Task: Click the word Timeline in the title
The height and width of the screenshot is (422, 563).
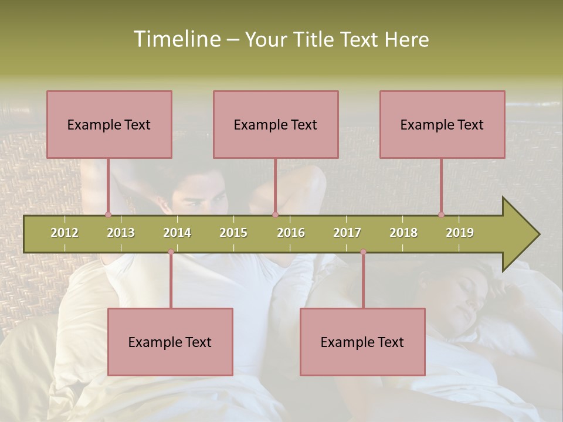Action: click(176, 39)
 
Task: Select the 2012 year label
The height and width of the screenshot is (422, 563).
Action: click(65, 233)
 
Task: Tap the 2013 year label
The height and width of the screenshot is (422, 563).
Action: click(121, 233)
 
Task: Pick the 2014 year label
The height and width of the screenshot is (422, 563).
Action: click(177, 233)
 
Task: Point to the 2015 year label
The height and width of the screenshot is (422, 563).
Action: click(233, 233)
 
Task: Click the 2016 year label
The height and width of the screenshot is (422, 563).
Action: click(291, 233)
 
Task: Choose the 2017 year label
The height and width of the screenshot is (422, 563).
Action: click(347, 233)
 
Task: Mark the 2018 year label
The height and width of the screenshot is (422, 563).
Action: click(403, 233)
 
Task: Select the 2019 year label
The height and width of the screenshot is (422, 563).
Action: click(460, 233)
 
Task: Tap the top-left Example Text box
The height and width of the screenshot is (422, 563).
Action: click(109, 124)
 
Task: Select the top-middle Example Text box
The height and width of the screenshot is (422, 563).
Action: click(276, 124)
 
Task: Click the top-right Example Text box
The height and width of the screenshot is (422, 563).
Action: click(442, 124)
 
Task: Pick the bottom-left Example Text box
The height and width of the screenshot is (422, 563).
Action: click(170, 342)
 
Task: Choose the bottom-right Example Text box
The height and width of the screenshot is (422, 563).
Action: click(362, 342)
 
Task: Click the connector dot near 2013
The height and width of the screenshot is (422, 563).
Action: click(108, 215)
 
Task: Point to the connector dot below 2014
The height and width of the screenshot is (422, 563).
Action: click(171, 252)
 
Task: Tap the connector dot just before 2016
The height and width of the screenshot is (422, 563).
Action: click(275, 215)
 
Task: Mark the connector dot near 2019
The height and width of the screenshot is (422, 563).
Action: click(442, 215)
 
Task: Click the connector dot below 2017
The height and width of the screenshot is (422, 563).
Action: click(363, 252)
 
